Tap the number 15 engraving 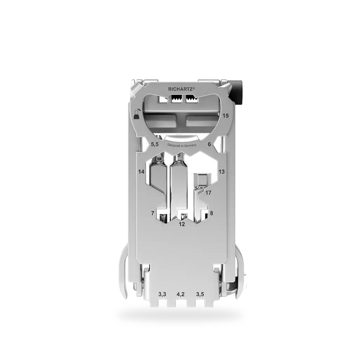pyautogui.click(x=226, y=116)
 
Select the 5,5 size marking pyautogui.click(x=155, y=145)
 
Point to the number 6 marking pyautogui.click(x=209, y=144)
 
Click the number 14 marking pyautogui.click(x=141, y=172)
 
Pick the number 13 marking pyautogui.click(x=221, y=172)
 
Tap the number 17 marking pyautogui.click(x=208, y=193)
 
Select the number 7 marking pyautogui.click(x=153, y=213)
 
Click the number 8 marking pyautogui.click(x=211, y=213)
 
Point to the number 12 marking pyautogui.click(x=182, y=224)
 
